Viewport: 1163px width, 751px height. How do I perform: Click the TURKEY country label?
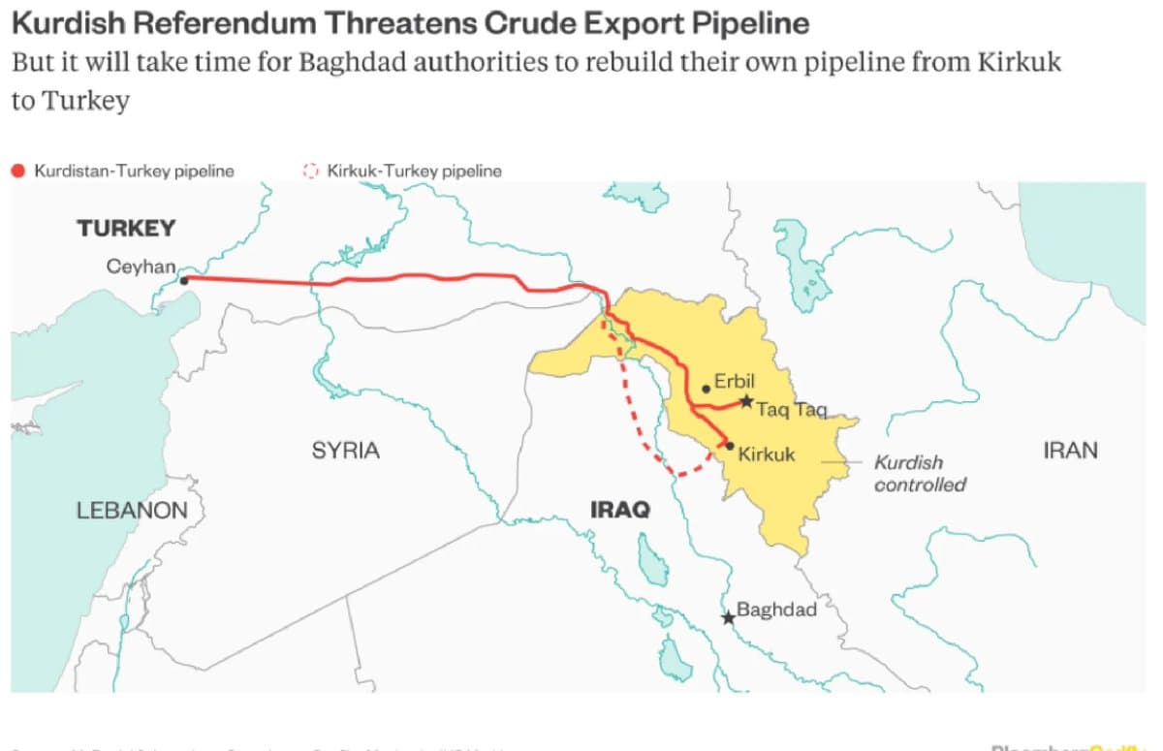(x=126, y=229)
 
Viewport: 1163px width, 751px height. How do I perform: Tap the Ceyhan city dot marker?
(x=184, y=280)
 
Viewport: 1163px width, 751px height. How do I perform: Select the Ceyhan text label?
(x=141, y=266)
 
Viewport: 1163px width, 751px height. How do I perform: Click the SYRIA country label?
(x=345, y=451)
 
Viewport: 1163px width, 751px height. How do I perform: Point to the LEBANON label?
(x=132, y=510)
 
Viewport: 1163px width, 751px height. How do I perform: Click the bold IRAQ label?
(x=619, y=510)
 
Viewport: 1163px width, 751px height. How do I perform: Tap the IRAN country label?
(x=1070, y=450)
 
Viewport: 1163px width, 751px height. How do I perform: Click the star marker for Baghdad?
(x=728, y=617)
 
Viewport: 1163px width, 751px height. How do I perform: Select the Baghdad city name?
(x=776, y=610)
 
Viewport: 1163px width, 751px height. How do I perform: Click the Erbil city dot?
(x=707, y=390)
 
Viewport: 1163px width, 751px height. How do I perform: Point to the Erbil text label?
(x=734, y=381)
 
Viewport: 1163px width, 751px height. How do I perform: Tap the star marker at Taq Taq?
(x=745, y=400)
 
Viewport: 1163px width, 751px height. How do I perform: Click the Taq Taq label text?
(x=791, y=410)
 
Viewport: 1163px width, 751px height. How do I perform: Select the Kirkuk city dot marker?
(x=729, y=446)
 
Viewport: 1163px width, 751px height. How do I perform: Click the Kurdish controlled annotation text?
(x=919, y=473)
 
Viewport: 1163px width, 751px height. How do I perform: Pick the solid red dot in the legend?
(x=17, y=171)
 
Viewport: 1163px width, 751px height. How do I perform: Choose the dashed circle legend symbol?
(x=310, y=171)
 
